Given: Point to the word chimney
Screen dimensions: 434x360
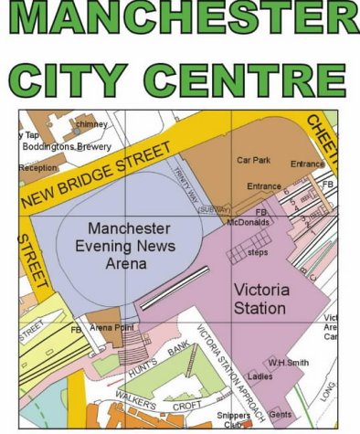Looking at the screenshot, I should tap(91, 123).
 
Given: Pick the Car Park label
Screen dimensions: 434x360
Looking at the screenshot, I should tap(254, 160).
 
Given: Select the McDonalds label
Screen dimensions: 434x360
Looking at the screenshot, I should tap(249, 222).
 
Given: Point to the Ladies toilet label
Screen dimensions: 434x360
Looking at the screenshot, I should tap(261, 376).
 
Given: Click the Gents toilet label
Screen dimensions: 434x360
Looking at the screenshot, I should tap(281, 415).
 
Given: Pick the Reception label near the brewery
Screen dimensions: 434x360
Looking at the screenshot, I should tap(37, 167).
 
